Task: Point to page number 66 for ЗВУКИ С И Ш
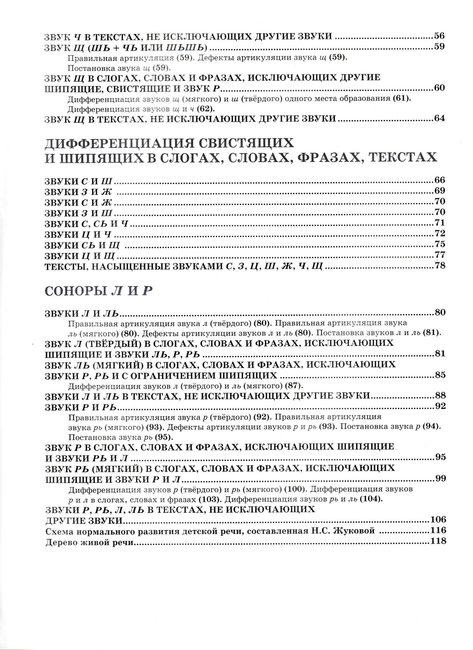[439, 180]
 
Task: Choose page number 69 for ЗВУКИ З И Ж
[439, 190]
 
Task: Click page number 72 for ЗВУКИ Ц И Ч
[439, 233]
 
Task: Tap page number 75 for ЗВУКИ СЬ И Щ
[439, 244]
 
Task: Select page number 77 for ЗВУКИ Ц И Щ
[439, 254]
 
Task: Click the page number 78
[439, 265]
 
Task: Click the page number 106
[438, 520]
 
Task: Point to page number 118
[438, 541]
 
